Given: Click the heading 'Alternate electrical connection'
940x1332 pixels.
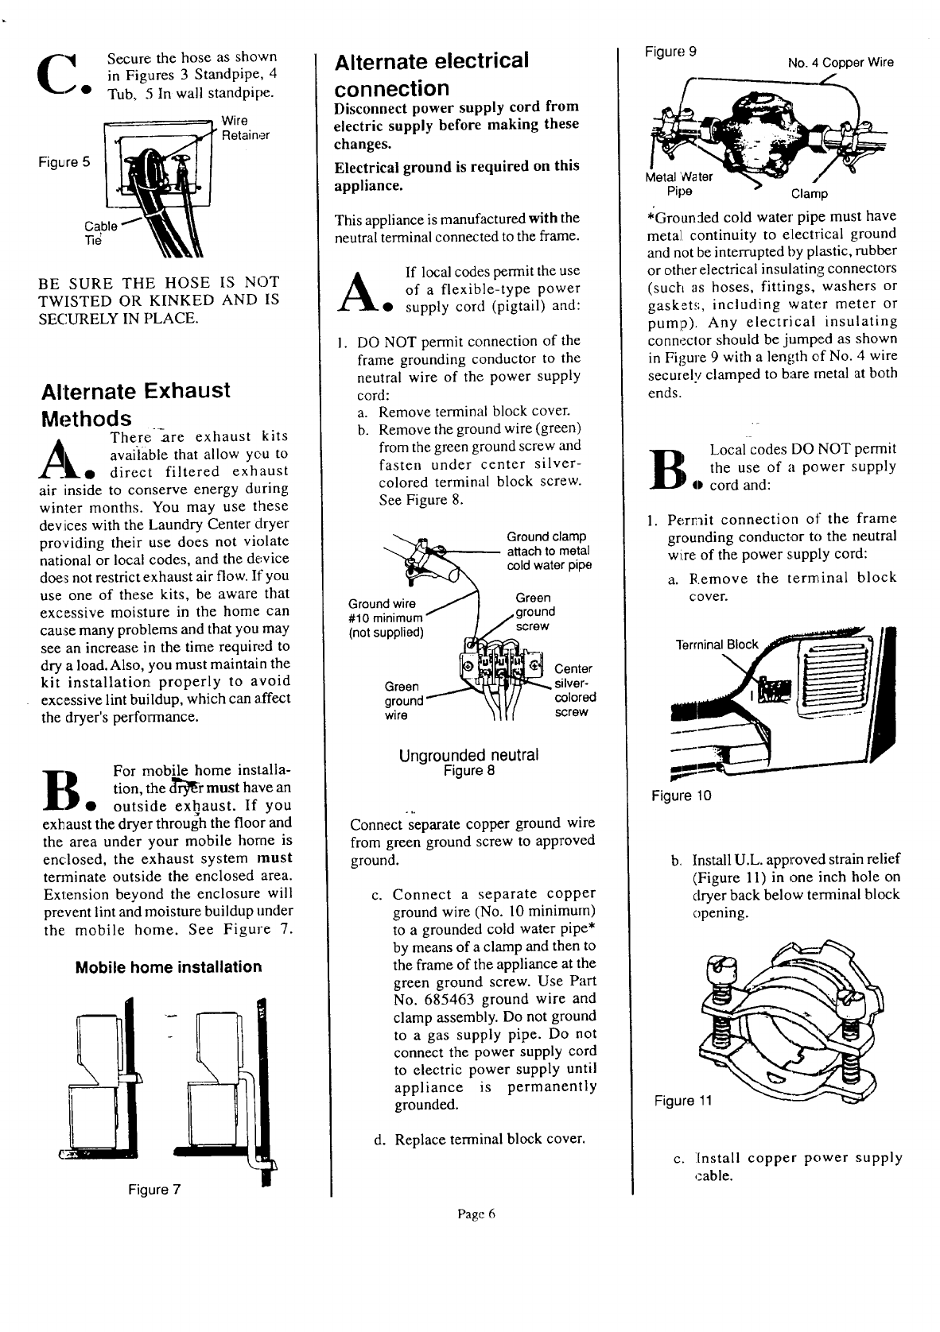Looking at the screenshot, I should pyautogui.click(x=431, y=74).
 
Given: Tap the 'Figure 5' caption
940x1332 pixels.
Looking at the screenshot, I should pyautogui.click(x=64, y=162).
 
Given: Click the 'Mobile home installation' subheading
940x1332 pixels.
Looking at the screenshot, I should pyautogui.click(x=168, y=967).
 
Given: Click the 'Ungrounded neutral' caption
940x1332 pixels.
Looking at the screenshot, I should pyautogui.click(x=468, y=754).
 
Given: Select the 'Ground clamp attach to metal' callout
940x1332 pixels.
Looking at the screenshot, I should pyautogui.click(x=549, y=551).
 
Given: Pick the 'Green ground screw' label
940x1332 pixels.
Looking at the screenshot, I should pyautogui.click(x=534, y=611).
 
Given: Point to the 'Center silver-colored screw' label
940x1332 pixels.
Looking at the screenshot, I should pyautogui.click(x=574, y=690).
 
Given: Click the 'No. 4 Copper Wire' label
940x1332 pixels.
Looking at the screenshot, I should pyautogui.click(x=841, y=63).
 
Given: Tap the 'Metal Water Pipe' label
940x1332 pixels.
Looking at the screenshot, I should pyautogui.click(x=679, y=184).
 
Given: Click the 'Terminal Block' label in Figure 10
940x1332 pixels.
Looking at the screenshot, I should pyautogui.click(x=717, y=644).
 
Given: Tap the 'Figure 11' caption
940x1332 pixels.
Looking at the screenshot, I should pyautogui.click(x=683, y=1101).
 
